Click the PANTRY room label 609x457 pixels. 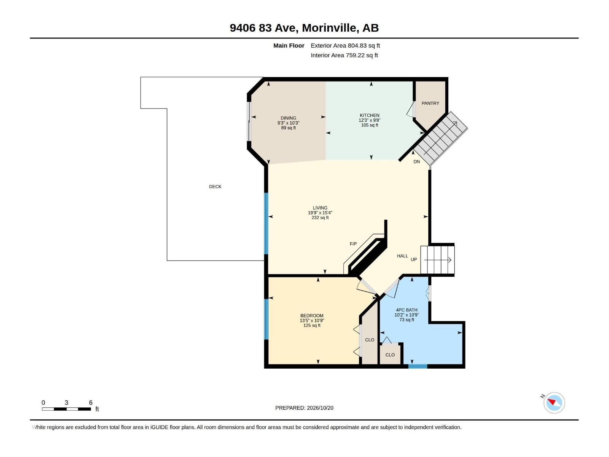pos(430,103)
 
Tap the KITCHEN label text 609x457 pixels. pos(369,115)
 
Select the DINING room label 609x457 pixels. pos(288,118)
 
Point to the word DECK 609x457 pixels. pos(215,187)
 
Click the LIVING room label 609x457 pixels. pos(320,208)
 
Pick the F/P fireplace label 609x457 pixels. pos(353,244)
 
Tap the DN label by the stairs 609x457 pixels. pos(416,161)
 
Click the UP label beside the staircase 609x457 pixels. pos(413,259)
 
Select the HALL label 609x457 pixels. pos(402,256)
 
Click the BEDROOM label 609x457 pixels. pos(312,315)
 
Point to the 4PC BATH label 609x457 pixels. pos(407,310)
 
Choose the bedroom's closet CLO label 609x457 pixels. pos(369,340)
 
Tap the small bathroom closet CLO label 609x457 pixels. pos(390,355)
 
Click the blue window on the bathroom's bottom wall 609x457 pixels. pos(418,366)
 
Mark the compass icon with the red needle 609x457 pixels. pos(554,402)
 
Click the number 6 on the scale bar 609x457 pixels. pos(91,402)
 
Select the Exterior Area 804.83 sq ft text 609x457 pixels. pos(345,45)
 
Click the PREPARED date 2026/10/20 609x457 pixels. pos(320,407)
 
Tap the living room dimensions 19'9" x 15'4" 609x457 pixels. pos(320,213)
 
